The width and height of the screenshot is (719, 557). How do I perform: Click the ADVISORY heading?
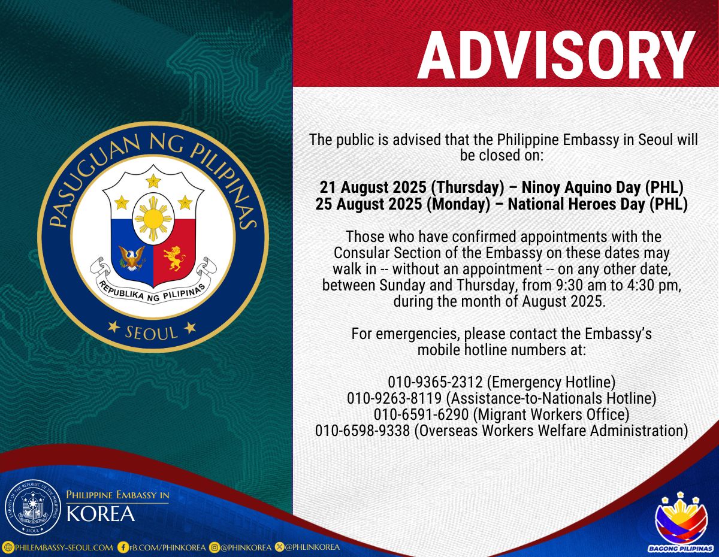(x=556, y=55)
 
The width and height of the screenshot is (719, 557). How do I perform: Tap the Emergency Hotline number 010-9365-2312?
(x=435, y=382)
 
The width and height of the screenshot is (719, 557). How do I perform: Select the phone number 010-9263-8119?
(x=394, y=398)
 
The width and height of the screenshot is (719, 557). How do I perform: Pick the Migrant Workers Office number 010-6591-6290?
(x=421, y=414)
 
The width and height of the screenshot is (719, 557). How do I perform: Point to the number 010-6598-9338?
(x=362, y=431)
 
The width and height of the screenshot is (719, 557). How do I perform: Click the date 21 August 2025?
(x=373, y=187)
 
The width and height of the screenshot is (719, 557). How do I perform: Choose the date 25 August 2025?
(x=368, y=204)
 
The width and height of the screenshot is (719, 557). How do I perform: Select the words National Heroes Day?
(x=577, y=204)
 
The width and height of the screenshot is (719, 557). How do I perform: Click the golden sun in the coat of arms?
(x=153, y=218)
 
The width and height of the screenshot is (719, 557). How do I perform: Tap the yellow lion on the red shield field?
(x=174, y=258)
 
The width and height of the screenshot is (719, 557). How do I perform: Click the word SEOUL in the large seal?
(x=152, y=333)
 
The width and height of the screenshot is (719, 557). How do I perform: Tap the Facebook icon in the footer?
(x=123, y=547)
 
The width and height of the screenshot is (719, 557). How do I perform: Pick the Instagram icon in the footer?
(x=215, y=547)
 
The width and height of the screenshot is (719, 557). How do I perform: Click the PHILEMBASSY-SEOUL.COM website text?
(x=64, y=547)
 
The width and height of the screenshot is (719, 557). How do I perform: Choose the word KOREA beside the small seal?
(x=101, y=514)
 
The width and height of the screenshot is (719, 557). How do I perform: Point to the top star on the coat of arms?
(x=153, y=181)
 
